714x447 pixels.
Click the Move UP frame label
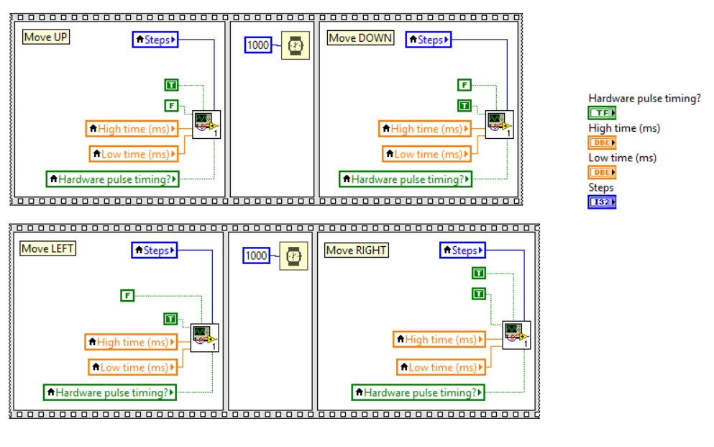tap(47, 37)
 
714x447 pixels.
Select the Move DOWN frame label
tap(361, 37)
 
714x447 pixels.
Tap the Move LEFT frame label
tap(48, 248)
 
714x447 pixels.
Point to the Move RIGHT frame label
tap(357, 250)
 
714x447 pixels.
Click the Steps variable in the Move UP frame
tap(155, 40)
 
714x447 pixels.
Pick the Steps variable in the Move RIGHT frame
tap(462, 250)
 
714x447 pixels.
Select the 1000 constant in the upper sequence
tap(257, 45)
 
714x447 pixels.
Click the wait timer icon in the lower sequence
tap(294, 256)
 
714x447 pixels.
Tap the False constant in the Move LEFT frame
tap(127, 295)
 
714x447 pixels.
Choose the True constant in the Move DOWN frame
tap(464, 106)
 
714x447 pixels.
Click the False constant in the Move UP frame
tap(171, 106)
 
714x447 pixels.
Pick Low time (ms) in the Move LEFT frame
tap(132, 367)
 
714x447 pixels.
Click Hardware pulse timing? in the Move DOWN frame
tap(406, 179)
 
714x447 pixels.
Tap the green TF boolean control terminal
tap(602, 113)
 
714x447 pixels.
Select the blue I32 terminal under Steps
tap(602, 202)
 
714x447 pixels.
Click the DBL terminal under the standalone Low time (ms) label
tap(602, 173)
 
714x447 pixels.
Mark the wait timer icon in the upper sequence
tap(295, 45)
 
